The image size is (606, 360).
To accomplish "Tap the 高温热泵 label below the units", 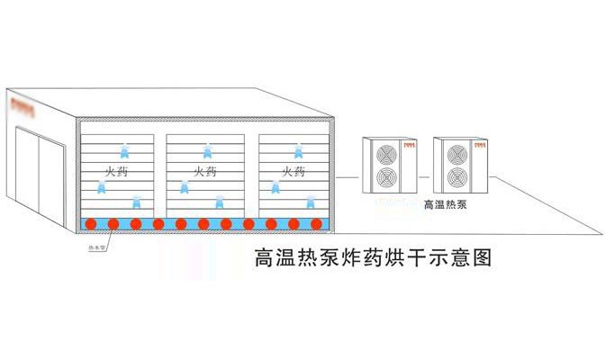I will point(444,205).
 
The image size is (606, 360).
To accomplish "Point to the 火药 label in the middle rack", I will point(205,170).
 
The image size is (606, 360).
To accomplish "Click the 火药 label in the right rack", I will point(294,170).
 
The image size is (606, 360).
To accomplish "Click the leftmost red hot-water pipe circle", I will point(91,223).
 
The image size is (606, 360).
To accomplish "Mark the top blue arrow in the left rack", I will point(124,149).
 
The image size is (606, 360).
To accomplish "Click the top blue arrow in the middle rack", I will point(207,149).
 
